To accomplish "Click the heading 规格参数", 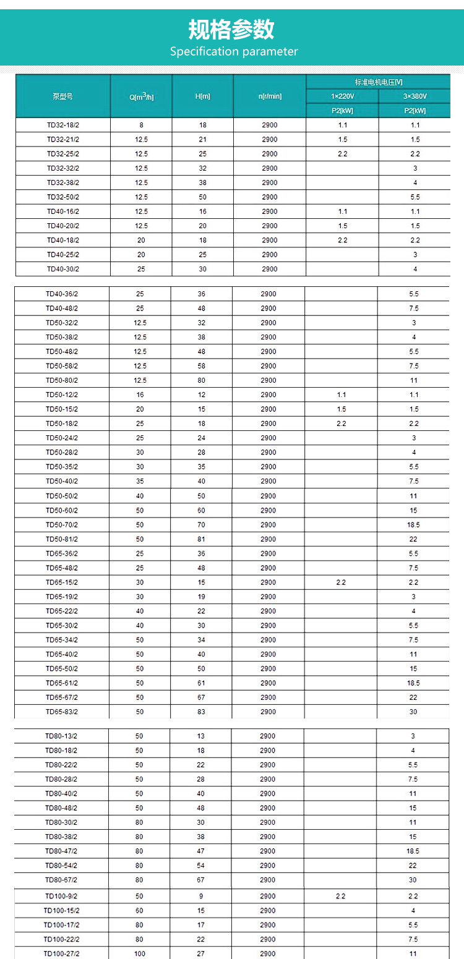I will [x=231, y=28].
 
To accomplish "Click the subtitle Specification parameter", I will [x=234, y=51].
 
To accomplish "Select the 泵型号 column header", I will [x=62, y=96].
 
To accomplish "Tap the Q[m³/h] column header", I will [x=141, y=96].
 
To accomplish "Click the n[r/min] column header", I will [x=269, y=96].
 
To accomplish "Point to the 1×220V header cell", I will [x=342, y=96].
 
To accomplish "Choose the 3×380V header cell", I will [x=415, y=96].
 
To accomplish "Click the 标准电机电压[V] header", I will [x=378, y=82].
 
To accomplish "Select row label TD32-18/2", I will [x=62, y=125].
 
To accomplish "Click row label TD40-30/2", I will [x=62, y=269].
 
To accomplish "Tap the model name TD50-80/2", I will [x=61, y=380].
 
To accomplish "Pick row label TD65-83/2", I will [x=61, y=712].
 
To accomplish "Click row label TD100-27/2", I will [x=61, y=953].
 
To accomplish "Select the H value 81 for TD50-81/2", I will [x=202, y=539].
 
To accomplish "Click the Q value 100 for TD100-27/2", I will [x=140, y=953].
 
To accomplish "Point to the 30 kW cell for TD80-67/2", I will [x=413, y=880].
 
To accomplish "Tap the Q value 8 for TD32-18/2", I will [x=141, y=125].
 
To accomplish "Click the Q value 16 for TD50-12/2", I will [x=140, y=394].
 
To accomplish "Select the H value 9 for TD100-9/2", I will [x=200, y=896].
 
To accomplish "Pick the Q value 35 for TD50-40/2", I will [x=140, y=481].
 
